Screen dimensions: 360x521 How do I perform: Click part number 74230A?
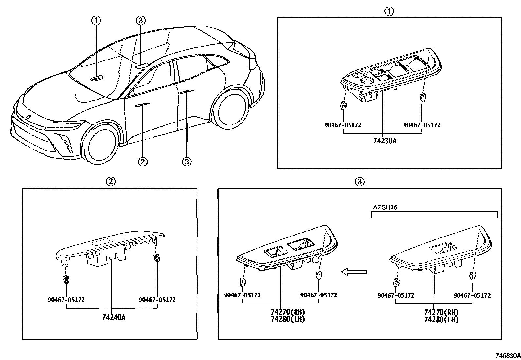point(385,141)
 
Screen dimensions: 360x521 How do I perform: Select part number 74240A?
point(114,317)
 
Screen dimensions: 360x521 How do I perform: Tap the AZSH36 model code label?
point(385,207)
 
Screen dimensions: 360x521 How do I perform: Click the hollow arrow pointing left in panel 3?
point(354,272)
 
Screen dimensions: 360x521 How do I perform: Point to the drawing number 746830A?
point(508,356)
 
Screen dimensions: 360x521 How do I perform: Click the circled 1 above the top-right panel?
point(389,12)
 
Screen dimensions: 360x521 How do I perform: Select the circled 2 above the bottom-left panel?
point(110,181)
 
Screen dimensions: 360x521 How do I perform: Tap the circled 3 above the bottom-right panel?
point(359,181)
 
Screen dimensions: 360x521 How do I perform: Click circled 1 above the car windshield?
point(96,21)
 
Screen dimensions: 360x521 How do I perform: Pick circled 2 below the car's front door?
point(143,161)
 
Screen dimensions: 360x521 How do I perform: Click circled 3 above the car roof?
point(140,21)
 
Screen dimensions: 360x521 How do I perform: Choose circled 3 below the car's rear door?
point(187,161)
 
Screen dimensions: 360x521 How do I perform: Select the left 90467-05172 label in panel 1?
point(343,125)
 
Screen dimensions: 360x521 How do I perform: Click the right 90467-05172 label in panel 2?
point(157,300)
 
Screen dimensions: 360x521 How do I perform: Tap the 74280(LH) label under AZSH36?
point(441,320)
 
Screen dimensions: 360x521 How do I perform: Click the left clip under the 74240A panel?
point(66,280)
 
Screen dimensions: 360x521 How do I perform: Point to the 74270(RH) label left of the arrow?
point(288,312)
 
